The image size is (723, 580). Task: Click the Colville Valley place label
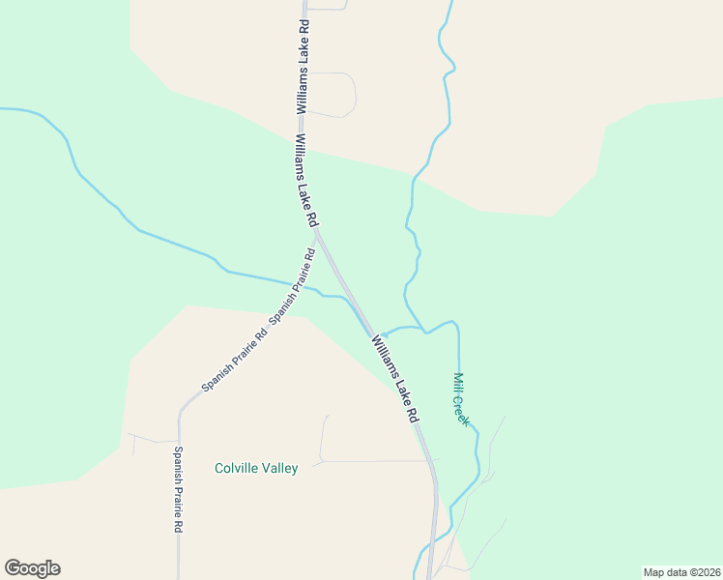click(x=256, y=468)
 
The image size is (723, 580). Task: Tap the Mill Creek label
click(x=461, y=399)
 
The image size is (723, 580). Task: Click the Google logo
click(x=32, y=568)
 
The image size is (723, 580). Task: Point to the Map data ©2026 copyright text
click(x=680, y=571)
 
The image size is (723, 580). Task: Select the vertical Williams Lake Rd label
click(x=303, y=67)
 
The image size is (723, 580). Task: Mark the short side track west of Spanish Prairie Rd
click(x=150, y=439)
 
